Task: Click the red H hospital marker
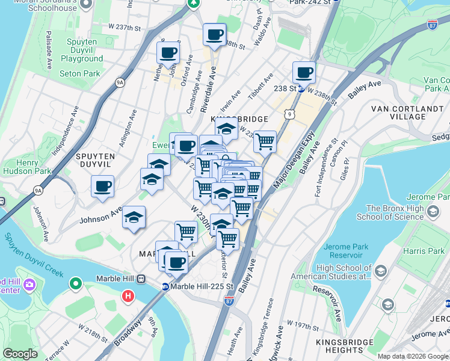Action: point(127,296)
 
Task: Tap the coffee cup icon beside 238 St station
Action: point(304,73)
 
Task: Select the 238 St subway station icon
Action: point(301,89)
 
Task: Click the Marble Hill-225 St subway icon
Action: point(165,286)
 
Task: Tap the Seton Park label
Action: point(80,73)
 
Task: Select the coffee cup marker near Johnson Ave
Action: point(103,185)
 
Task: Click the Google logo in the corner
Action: point(20,354)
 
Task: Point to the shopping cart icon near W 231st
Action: point(265,142)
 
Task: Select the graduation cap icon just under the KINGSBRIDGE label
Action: point(226,129)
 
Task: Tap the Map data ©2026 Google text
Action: point(412,356)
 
